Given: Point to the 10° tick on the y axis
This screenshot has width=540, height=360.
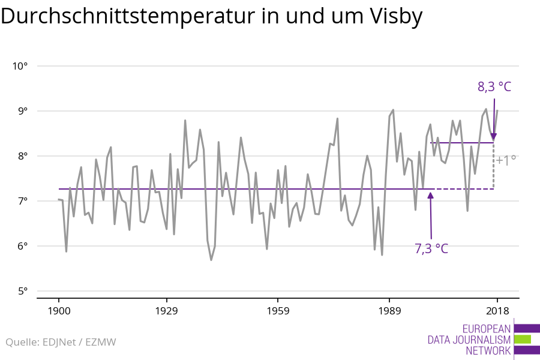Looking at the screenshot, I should tap(20, 66).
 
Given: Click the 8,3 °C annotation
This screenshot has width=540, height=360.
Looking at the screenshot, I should tap(494, 87).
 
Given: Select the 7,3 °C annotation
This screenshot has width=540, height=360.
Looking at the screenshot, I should tap(431, 248).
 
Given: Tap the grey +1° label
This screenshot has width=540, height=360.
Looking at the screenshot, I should tap(506, 160).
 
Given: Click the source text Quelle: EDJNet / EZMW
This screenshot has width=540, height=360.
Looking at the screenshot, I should tap(61, 343).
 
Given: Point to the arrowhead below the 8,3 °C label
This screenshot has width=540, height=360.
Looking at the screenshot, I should tap(494, 137).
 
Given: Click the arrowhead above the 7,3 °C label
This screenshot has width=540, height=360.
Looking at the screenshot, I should tap(431, 196).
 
